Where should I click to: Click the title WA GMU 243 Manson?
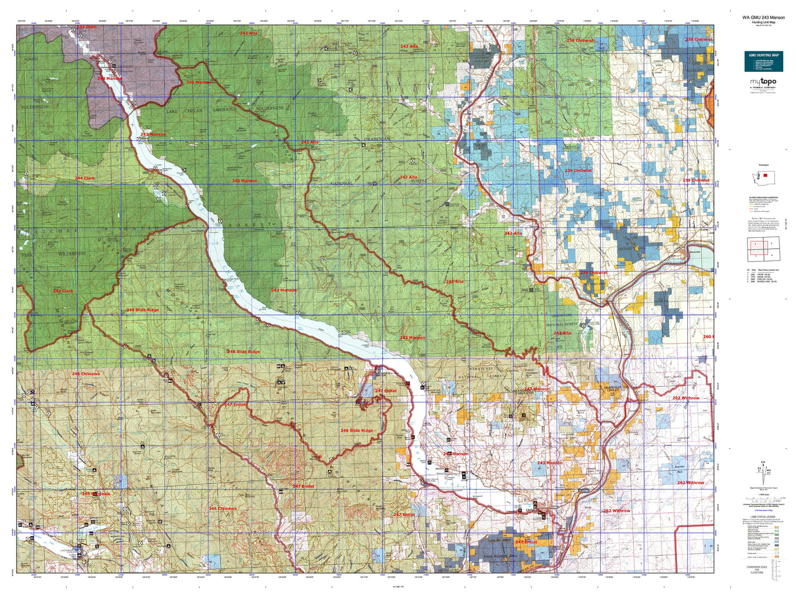(x=763, y=18)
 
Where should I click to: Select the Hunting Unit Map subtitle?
(x=763, y=22)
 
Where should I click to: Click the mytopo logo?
(x=763, y=82)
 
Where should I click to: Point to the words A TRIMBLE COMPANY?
(x=763, y=87)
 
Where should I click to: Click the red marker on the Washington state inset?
(x=765, y=175)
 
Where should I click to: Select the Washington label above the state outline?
(x=763, y=165)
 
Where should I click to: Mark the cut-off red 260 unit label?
(x=708, y=337)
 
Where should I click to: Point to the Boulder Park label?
(x=680, y=469)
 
